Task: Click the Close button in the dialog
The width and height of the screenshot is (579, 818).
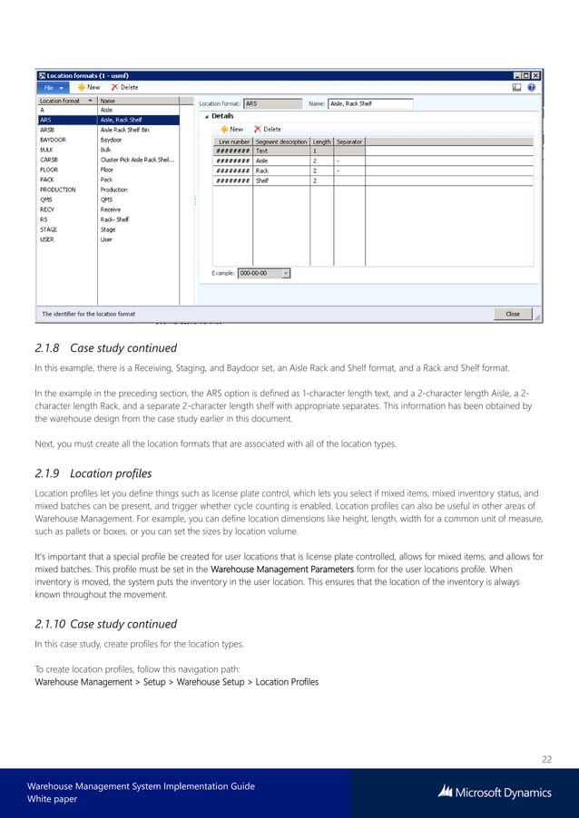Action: [513, 314]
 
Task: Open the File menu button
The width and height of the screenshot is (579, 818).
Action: [51, 88]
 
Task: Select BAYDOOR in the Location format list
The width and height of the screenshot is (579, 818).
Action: [53, 140]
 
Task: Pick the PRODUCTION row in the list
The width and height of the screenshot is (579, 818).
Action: [59, 190]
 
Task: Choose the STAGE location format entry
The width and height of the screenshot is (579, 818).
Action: [48, 229]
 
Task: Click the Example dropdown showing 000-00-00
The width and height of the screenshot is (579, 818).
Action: [264, 272]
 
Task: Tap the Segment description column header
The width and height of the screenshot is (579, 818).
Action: [281, 141]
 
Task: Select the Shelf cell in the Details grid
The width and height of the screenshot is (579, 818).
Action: [262, 180]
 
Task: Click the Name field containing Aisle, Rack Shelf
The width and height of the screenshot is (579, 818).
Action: [369, 104]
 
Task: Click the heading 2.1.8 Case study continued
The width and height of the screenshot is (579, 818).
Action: [105, 348]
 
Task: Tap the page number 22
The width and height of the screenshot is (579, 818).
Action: [545, 759]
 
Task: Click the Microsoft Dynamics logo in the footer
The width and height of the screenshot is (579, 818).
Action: [495, 792]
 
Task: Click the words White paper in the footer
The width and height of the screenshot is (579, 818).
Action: [53, 799]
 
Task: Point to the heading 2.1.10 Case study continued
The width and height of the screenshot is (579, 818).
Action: [105, 624]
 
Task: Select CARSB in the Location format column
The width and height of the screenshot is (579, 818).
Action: [48, 160]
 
